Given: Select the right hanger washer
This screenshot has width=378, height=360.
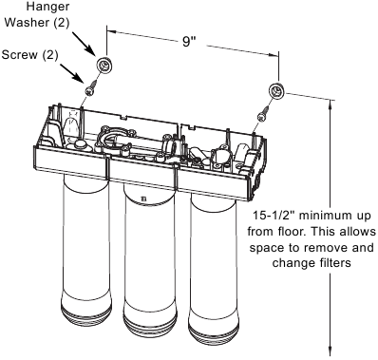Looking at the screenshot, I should pyautogui.click(x=276, y=92).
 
